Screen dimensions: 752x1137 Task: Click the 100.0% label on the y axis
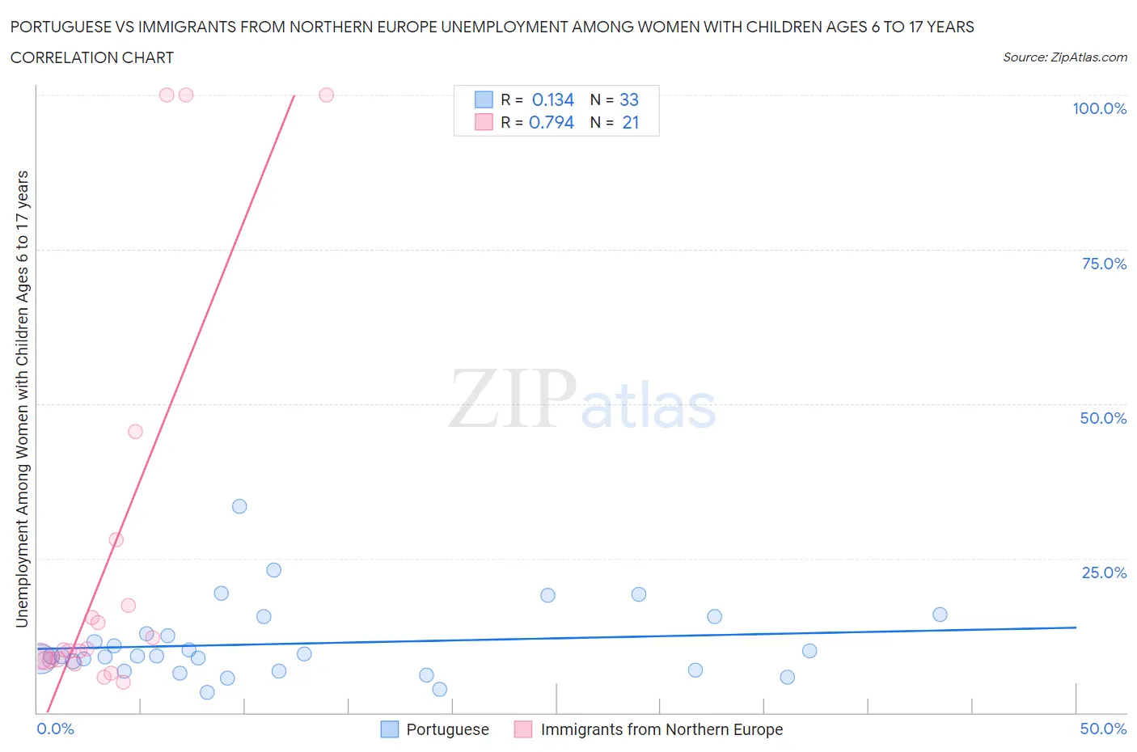1099,108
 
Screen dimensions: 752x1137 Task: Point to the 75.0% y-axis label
1104,264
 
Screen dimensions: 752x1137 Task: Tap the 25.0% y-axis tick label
1104,572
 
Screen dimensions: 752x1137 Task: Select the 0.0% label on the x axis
55,729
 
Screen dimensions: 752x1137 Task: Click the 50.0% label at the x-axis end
1103,729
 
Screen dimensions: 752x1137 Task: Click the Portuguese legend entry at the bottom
447,729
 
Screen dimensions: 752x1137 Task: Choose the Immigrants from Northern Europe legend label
661,729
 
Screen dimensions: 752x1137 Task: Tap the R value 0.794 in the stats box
551,122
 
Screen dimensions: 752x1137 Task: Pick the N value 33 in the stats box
628,99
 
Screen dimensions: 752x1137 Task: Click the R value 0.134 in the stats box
552,99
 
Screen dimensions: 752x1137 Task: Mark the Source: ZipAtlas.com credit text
1064,57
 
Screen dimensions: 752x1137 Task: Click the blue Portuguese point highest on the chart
239,506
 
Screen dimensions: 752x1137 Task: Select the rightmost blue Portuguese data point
940,615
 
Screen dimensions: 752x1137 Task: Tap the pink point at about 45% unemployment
135,432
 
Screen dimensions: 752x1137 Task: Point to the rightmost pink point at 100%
327,95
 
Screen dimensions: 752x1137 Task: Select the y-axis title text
22,399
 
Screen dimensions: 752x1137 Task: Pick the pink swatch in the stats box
484,122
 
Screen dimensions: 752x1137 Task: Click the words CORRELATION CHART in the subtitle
92,57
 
